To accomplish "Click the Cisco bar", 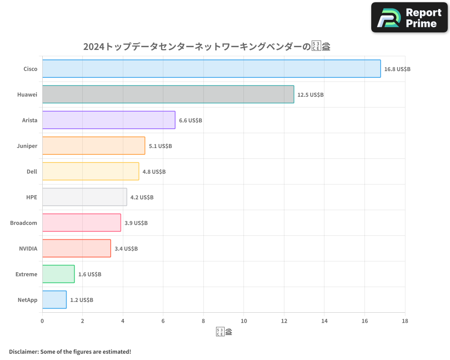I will [211, 69].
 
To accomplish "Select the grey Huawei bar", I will [168, 94].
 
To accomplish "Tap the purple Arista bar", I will [109, 120].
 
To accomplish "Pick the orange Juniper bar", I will [94, 146].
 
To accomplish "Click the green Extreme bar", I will [58, 274].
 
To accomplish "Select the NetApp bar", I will [54, 300].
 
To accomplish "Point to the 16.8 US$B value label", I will [397, 69].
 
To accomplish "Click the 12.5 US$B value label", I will [310, 95].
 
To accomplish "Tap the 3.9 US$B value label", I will [136, 223].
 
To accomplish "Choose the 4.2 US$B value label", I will [142, 198].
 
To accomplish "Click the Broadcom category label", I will [23, 223].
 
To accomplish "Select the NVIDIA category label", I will [28, 248].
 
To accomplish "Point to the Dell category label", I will [32, 171].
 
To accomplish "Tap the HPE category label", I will [31, 197].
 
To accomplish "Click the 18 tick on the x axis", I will [405, 321].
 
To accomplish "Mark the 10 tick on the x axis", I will [243, 321].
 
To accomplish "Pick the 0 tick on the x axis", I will [42, 321].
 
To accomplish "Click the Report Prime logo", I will [409, 18].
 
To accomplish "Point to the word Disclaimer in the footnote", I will [23, 351].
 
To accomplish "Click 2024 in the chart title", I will [93, 47].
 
